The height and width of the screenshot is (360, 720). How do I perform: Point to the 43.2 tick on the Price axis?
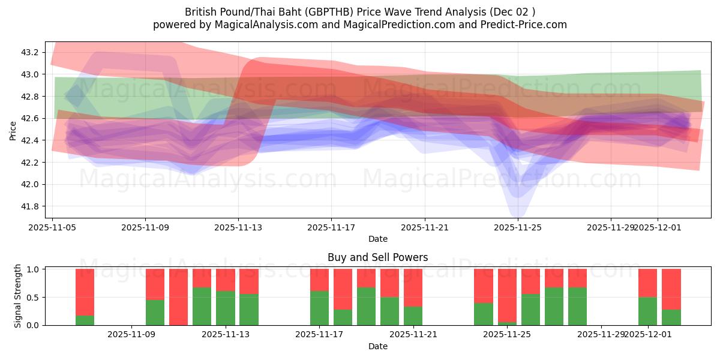pyautogui.click(x=30, y=53)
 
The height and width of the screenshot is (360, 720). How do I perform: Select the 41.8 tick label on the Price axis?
pyautogui.click(x=30, y=206)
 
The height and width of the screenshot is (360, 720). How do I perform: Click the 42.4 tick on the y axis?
pyautogui.click(x=30, y=140)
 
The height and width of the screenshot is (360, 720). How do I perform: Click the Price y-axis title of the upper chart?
pyautogui.click(x=13, y=130)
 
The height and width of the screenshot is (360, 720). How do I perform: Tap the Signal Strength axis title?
pyautogui.click(x=18, y=296)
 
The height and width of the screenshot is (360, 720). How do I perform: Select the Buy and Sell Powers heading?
pyautogui.click(x=377, y=257)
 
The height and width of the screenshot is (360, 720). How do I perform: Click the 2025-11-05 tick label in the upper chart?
pyautogui.click(x=53, y=228)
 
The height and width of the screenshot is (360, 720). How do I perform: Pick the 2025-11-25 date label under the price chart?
pyautogui.click(x=518, y=228)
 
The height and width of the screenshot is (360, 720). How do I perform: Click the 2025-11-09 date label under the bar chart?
pyautogui.click(x=131, y=335)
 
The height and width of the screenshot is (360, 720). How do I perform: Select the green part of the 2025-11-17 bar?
pyautogui.click(x=319, y=308)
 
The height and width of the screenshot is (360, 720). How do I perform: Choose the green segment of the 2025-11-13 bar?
pyautogui.click(x=225, y=308)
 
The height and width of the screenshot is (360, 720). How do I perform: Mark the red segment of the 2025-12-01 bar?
pyautogui.click(x=647, y=283)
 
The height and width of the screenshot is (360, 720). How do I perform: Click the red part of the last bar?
pyautogui.click(x=671, y=289)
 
